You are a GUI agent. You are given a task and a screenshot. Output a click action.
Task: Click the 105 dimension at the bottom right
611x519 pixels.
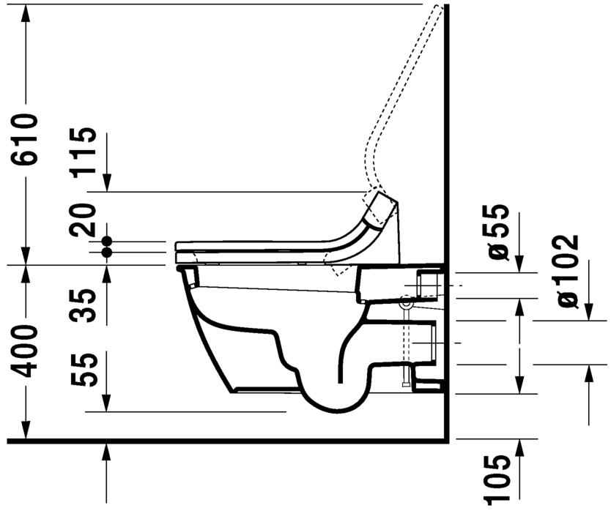pos(498,479)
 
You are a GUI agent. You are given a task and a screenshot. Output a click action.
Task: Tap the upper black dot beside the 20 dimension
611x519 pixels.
pos(107,240)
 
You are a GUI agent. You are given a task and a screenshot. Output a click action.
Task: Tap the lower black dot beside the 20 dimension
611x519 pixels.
pos(107,252)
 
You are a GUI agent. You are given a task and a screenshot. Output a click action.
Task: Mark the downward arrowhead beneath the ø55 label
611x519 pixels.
pos(519,264)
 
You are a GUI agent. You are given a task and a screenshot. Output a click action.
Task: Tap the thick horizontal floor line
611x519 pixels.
pos(220,441)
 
